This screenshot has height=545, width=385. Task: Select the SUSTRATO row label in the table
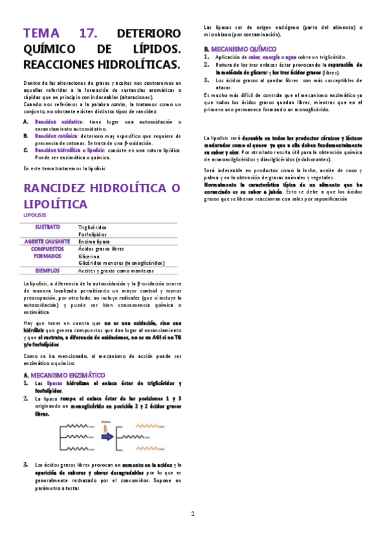(x=48, y=227)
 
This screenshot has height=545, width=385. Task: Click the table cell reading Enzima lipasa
(x=96, y=241)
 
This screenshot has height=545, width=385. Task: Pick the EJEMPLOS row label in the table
(x=48, y=271)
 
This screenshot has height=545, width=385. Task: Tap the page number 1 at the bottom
(x=192, y=514)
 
